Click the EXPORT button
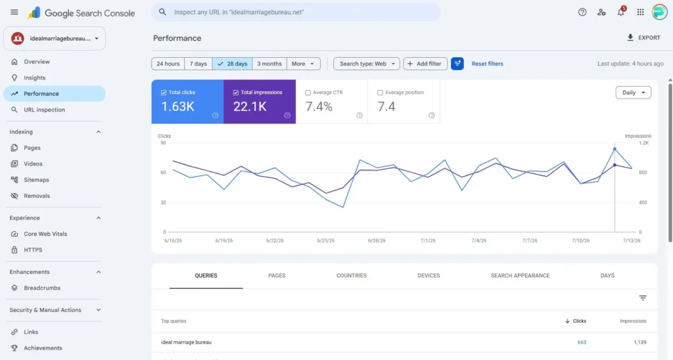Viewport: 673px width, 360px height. point(643,37)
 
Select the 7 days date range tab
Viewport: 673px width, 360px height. point(198,64)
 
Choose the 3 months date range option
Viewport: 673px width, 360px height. point(269,64)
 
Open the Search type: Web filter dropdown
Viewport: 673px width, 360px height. point(367,64)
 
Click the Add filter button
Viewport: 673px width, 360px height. point(425,64)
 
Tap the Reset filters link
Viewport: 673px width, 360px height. point(487,64)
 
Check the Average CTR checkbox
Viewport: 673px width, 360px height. point(308,93)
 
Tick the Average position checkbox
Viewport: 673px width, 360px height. point(380,93)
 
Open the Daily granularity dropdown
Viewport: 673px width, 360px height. point(633,93)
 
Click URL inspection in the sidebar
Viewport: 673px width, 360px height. point(44,110)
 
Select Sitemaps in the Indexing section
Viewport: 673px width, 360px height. point(37,180)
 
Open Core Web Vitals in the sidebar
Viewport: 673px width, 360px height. point(45,234)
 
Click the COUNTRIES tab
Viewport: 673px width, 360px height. point(352,275)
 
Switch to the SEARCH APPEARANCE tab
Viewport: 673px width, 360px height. point(521,275)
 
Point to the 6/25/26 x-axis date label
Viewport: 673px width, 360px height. point(326,240)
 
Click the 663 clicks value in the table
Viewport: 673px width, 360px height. point(582,342)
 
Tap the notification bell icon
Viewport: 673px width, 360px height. point(620,12)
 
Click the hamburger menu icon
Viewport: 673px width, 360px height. point(14,12)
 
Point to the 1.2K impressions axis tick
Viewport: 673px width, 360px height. point(644,143)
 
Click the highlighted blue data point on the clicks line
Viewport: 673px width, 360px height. point(615,149)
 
